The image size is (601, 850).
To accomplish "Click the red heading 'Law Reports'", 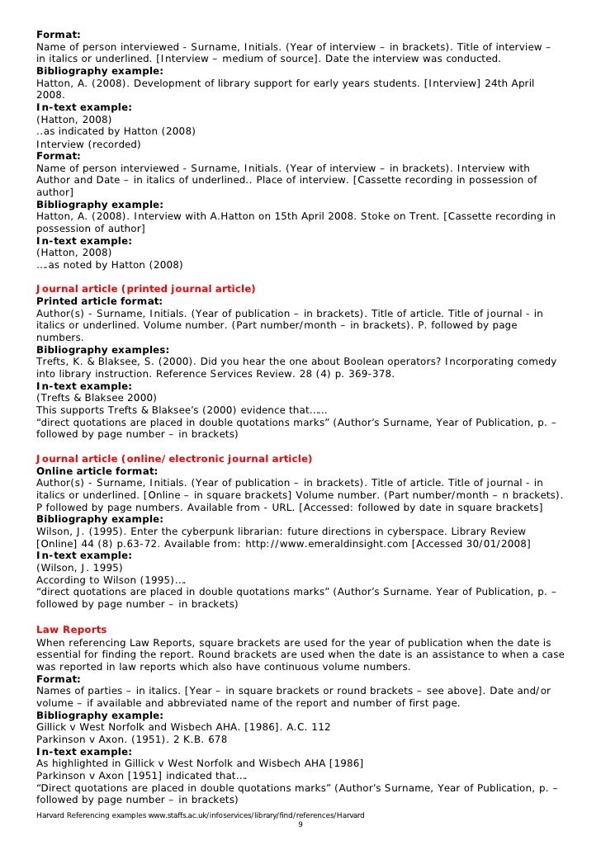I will click(x=71, y=630).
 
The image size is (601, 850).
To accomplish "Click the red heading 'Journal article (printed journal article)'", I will click(x=145, y=288).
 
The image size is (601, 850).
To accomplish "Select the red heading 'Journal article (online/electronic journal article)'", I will click(x=174, y=459).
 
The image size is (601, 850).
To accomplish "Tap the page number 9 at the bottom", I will click(x=300, y=825).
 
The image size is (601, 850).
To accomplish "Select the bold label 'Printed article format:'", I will click(x=99, y=301).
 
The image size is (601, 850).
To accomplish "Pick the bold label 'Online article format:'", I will click(x=97, y=471).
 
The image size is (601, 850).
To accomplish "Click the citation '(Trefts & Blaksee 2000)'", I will click(x=97, y=398).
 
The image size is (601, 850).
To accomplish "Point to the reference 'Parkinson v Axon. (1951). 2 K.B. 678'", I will click(x=131, y=739).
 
